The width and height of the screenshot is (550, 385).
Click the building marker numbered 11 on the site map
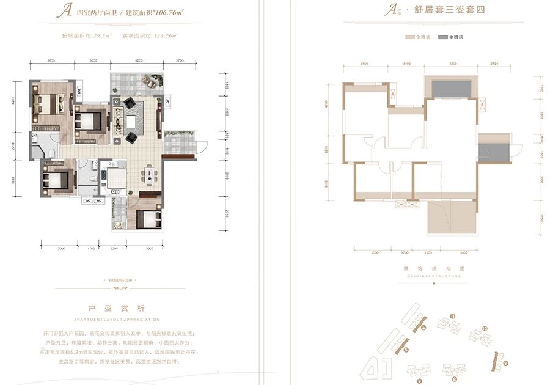tap(452, 316)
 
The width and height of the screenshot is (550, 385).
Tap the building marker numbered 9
tap(506, 364)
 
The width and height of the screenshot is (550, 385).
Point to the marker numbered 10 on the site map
tap(484, 329)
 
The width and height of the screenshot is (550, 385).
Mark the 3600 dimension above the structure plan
tap(364, 64)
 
